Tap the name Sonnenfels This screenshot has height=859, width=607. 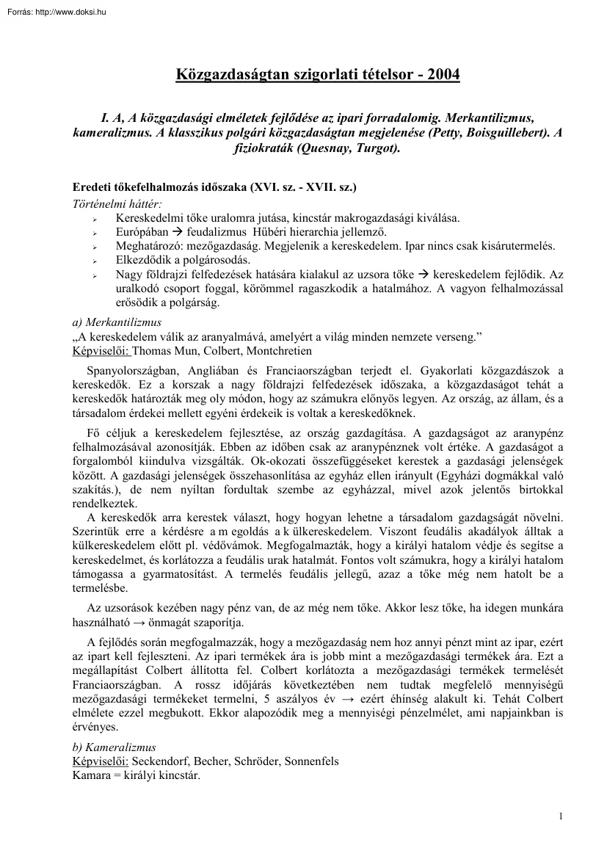[x=311, y=761]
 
